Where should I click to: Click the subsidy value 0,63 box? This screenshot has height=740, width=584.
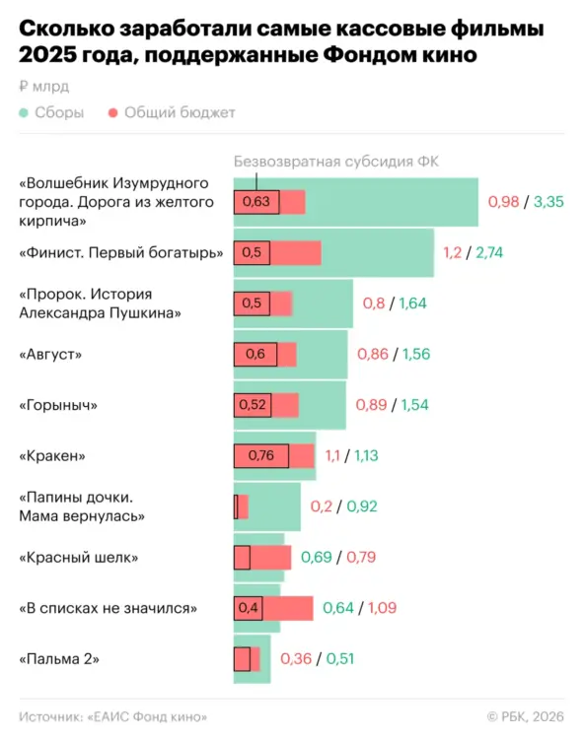click(255, 202)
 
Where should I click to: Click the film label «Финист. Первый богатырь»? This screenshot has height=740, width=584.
click(121, 253)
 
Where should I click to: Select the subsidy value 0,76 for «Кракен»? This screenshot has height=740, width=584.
click(259, 455)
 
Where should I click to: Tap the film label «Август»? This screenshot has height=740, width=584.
click(51, 354)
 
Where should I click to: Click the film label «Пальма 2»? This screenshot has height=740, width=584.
click(59, 658)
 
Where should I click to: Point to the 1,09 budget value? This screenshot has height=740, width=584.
click(382, 608)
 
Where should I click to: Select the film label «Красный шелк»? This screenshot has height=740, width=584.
click(79, 557)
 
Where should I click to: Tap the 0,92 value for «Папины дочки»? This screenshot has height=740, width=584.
click(361, 506)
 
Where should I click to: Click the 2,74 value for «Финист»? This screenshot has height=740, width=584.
click(488, 253)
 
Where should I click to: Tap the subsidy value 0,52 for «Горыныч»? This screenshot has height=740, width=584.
click(254, 405)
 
